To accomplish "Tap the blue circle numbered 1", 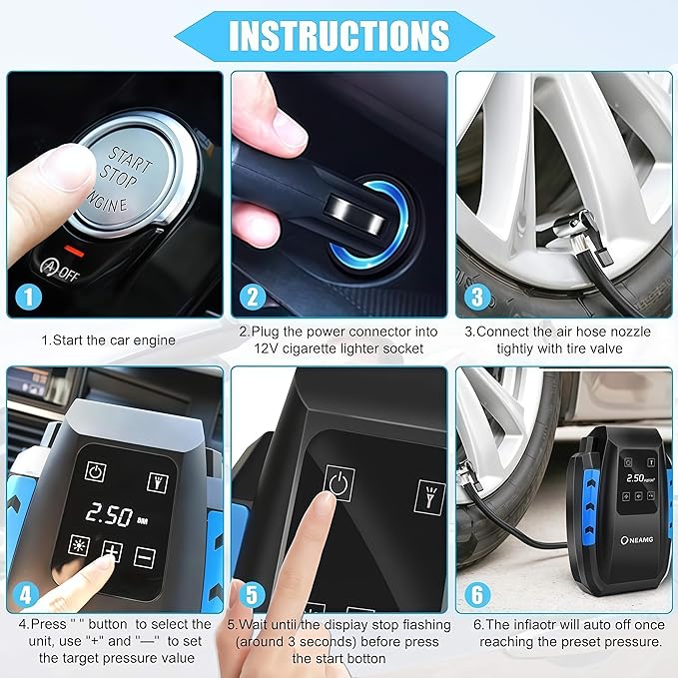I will click(31, 296).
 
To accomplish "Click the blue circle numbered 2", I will click(254, 296).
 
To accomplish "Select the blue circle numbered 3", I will click(477, 296).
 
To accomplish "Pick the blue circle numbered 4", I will click(31, 593).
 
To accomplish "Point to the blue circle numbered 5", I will click(254, 593).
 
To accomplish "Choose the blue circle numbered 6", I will click(477, 593).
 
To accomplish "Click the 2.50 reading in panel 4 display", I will click(109, 515).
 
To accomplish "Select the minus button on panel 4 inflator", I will click(144, 557).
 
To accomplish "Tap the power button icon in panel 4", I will click(96, 472).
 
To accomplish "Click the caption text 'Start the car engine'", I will click(108, 340).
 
